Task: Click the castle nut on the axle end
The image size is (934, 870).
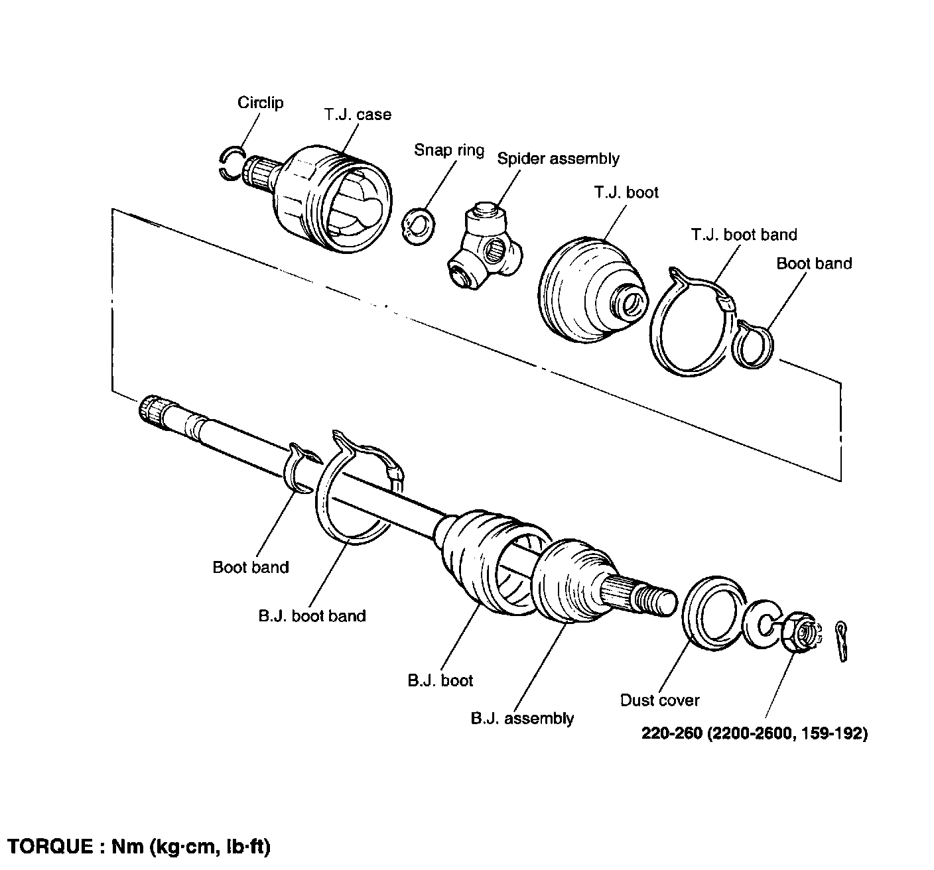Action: click(801, 635)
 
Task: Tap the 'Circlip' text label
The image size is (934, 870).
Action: click(260, 103)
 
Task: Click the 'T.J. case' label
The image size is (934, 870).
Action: click(358, 115)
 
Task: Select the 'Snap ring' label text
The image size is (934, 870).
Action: click(449, 150)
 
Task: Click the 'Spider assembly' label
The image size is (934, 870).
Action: click(558, 159)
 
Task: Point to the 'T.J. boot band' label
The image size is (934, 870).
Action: click(744, 235)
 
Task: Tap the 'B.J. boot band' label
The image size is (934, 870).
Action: click(312, 616)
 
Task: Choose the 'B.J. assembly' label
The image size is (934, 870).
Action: click(522, 718)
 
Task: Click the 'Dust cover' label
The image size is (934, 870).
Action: click(659, 700)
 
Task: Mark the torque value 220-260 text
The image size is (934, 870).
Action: click(671, 733)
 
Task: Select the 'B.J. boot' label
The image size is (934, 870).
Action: click(440, 680)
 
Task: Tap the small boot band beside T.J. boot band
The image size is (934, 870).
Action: click(755, 342)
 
